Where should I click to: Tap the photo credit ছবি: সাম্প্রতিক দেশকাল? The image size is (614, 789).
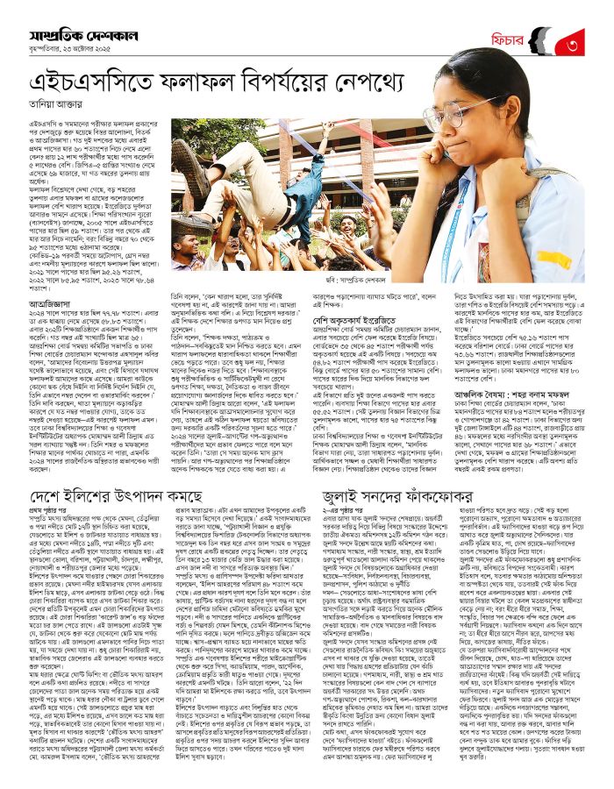[x=372, y=281]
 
